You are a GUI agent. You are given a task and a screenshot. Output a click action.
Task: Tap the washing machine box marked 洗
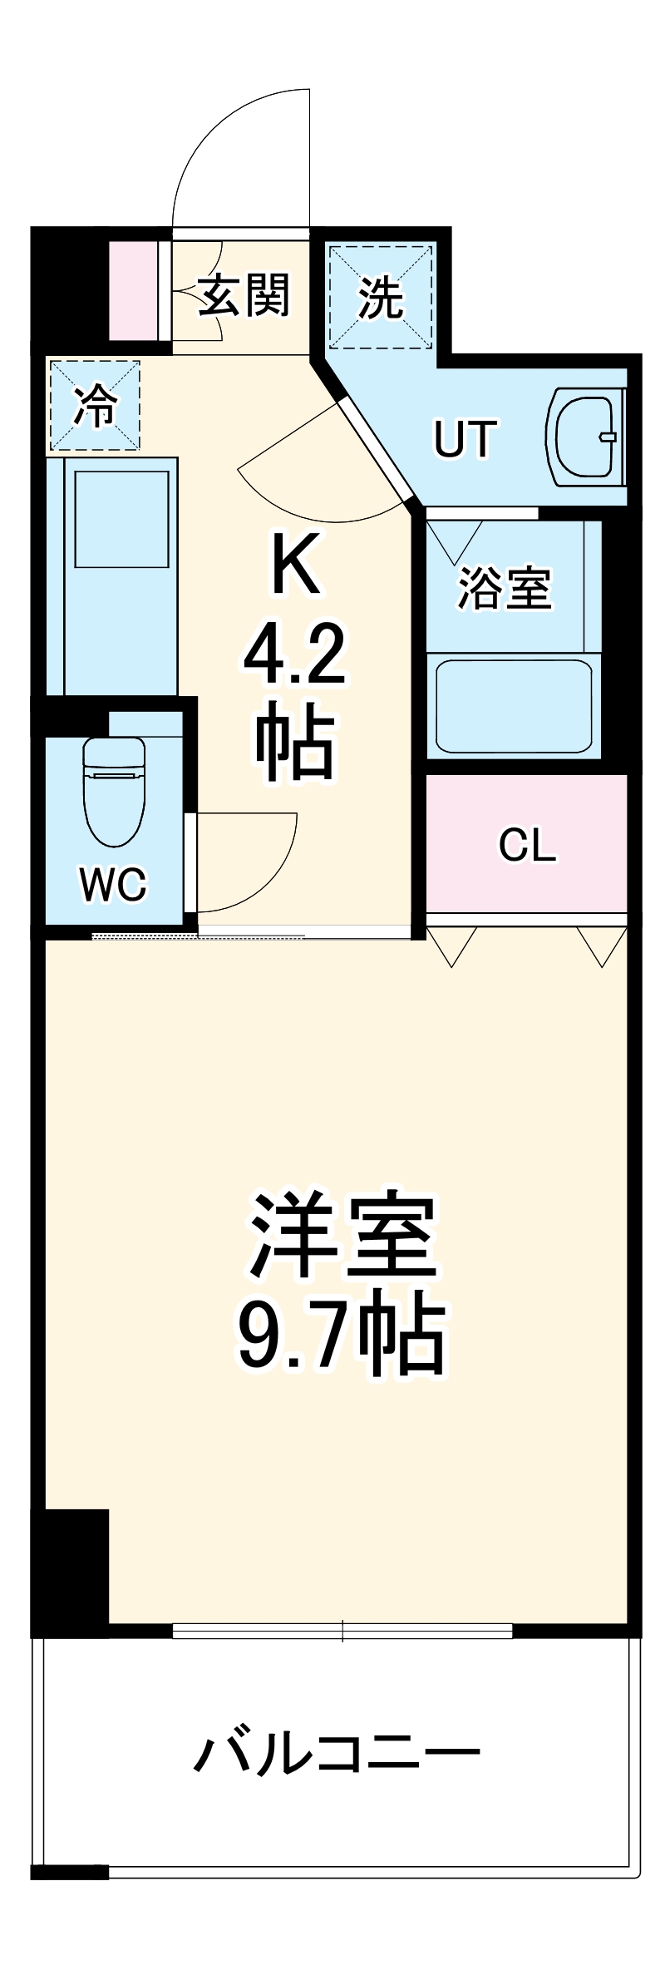coord(381,295)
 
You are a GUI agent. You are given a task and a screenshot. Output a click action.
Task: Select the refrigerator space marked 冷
coord(93,406)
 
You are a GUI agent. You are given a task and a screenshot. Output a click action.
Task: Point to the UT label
coord(465,439)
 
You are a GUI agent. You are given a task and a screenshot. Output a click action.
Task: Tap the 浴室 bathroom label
coord(505,588)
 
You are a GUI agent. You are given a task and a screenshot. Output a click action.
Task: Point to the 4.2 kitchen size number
coord(293,656)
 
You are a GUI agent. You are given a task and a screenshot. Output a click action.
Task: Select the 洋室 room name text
coord(341,1237)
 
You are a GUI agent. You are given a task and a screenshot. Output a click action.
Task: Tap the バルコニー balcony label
coord(337,1755)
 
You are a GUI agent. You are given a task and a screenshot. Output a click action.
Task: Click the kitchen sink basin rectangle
coord(121,518)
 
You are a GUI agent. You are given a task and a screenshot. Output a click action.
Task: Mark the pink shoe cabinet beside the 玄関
coord(133,290)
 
